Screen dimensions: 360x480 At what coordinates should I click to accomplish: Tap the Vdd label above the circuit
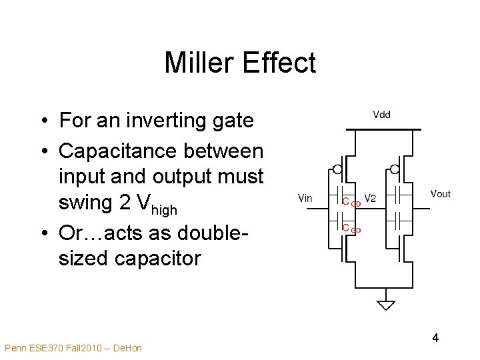[x=381, y=115]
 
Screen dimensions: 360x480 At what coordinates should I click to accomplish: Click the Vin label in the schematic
[x=304, y=197]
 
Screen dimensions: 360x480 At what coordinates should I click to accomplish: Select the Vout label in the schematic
[x=440, y=194]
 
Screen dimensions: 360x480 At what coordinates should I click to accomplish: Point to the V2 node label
[x=370, y=198]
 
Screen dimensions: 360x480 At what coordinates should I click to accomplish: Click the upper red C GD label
[x=351, y=202]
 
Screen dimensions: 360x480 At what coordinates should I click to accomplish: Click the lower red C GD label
[x=351, y=229]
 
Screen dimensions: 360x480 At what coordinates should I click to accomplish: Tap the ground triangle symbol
[x=386, y=305]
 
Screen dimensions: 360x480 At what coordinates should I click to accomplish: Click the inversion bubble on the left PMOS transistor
[x=338, y=169]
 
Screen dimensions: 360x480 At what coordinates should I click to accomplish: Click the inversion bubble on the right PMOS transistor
[x=395, y=169]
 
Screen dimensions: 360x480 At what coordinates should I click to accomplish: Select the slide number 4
[x=435, y=338]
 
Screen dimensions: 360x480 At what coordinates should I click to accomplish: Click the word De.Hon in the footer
[x=128, y=348]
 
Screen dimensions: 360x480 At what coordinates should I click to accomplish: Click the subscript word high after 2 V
[x=163, y=210]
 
